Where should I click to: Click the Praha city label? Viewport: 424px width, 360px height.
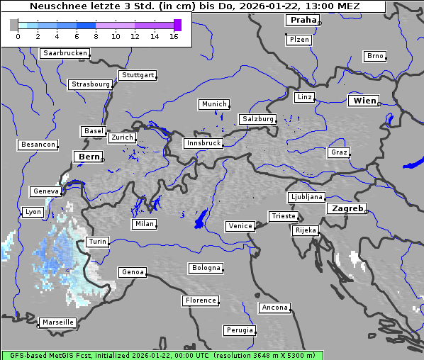pyautogui.click(x=303, y=20)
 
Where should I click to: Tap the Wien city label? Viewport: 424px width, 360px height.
pyautogui.click(x=364, y=101)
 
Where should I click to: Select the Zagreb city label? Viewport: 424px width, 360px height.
pyautogui.click(x=346, y=208)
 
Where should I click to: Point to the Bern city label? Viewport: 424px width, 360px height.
pyautogui.click(x=89, y=157)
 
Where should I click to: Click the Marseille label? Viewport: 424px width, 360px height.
pyautogui.click(x=58, y=322)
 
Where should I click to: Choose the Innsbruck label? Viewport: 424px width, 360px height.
pyautogui.click(x=203, y=143)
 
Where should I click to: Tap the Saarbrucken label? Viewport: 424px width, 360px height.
pyautogui.click(x=65, y=53)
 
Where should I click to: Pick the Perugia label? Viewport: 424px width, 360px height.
pyautogui.click(x=239, y=330)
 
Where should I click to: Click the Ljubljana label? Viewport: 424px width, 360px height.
pyautogui.click(x=306, y=197)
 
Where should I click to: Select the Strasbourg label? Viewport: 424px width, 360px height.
pyautogui.click(x=91, y=84)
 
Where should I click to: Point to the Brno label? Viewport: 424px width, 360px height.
pyautogui.click(x=375, y=56)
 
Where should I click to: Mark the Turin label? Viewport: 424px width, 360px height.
pyautogui.click(x=97, y=242)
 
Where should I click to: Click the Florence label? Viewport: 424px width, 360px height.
pyautogui.click(x=201, y=300)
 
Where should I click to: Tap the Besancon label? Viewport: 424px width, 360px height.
pyautogui.click(x=38, y=145)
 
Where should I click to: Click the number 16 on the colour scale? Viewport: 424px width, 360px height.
pyautogui.click(x=174, y=36)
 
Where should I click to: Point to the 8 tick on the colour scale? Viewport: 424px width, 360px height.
pyautogui.click(x=96, y=36)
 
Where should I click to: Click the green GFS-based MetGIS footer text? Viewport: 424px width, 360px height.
pyautogui.click(x=162, y=355)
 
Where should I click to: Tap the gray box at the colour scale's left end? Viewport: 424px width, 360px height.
pyautogui.click(x=14, y=25)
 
